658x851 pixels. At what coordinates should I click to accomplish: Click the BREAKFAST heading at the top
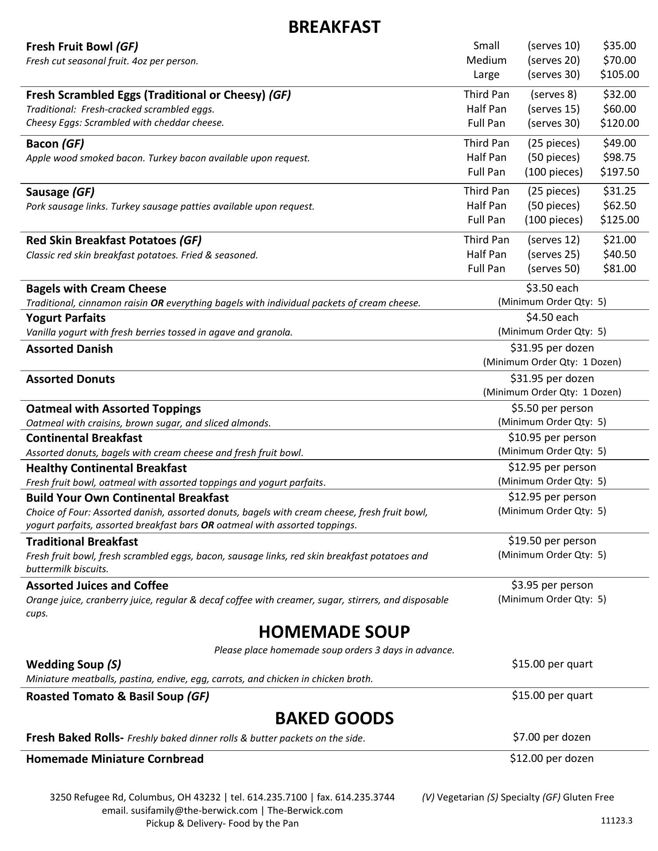click(334, 27)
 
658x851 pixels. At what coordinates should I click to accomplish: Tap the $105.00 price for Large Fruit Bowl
click(619, 74)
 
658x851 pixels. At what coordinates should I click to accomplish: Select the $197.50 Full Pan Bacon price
click(619, 172)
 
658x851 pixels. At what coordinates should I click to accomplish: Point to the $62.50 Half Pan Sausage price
click(619, 206)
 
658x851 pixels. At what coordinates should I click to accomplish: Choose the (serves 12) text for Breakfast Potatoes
click(553, 240)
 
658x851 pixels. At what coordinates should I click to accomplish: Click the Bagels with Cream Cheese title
click(96, 289)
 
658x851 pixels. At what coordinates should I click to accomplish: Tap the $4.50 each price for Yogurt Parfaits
click(552, 317)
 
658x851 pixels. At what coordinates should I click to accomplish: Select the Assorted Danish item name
click(70, 349)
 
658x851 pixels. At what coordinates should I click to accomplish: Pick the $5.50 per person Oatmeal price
click(552, 408)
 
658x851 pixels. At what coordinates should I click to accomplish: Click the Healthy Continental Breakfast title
click(106, 468)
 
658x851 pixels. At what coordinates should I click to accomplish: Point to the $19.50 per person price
click(552, 541)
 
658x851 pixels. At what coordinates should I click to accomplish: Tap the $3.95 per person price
click(552, 585)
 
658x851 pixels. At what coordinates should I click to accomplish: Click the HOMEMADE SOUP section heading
click(334, 631)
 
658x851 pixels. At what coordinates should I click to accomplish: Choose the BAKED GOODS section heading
click(334, 718)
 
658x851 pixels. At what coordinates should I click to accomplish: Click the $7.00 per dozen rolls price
click(552, 737)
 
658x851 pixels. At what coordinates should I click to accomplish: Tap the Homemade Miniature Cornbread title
click(115, 759)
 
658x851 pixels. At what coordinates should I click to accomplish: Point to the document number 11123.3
click(616, 820)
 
